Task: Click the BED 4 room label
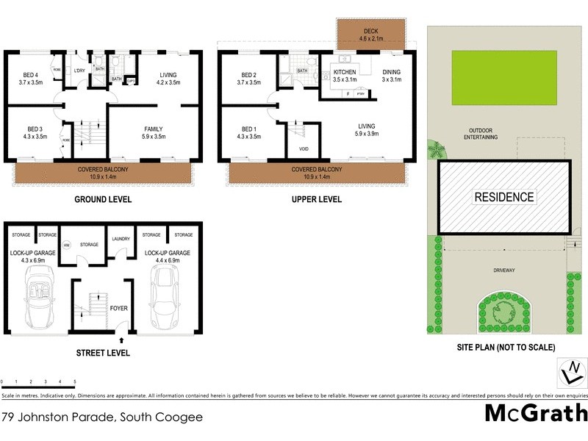click(x=30, y=74)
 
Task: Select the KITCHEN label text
click(x=345, y=72)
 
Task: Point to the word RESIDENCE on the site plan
click(x=504, y=197)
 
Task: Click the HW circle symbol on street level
click(x=66, y=245)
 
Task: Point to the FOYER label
click(x=119, y=309)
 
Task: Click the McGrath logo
click(x=535, y=412)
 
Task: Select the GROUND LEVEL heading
click(x=103, y=199)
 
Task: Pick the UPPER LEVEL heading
click(x=318, y=199)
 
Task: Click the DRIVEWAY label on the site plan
click(x=503, y=270)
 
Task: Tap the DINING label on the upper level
click(x=392, y=72)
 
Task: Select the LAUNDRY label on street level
click(x=121, y=239)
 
